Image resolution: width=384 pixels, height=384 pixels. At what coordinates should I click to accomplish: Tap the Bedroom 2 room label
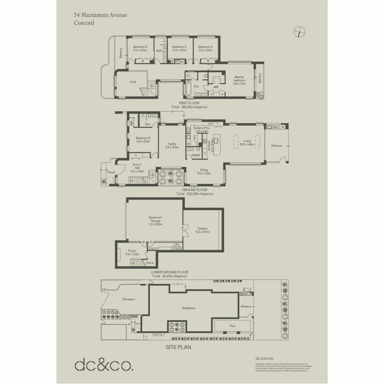140,47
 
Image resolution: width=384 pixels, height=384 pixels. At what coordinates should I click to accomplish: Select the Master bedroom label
239,79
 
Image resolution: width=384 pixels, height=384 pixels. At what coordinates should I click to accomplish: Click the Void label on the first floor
133,82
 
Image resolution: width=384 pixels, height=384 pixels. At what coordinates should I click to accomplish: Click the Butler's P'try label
201,128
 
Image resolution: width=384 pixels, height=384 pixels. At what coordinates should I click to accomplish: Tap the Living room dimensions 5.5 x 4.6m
247,144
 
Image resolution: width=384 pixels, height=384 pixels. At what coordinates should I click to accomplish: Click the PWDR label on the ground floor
196,155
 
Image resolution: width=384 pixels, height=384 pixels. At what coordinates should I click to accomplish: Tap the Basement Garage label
155,219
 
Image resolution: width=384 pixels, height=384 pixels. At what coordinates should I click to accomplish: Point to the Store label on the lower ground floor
150,263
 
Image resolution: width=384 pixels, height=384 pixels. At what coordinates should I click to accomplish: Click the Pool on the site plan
233,325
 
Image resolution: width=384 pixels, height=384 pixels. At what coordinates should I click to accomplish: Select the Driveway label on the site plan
129,299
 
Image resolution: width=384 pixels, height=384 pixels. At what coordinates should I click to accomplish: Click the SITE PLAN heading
178,347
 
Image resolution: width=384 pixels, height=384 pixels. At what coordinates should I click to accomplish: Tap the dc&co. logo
104,365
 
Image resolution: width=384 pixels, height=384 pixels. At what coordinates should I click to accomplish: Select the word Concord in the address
84,23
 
